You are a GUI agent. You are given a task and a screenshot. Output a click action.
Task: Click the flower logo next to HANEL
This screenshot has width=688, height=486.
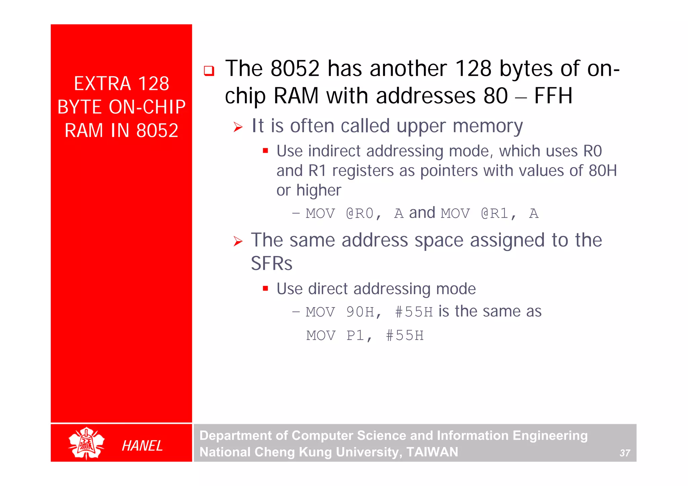86,443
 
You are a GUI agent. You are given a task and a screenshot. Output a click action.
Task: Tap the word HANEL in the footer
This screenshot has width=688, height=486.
142,446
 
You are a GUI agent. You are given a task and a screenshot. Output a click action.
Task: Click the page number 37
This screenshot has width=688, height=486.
625,453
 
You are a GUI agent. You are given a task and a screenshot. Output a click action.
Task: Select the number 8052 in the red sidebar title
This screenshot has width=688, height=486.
157,130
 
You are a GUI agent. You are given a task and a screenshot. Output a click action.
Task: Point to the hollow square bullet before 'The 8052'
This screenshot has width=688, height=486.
209,71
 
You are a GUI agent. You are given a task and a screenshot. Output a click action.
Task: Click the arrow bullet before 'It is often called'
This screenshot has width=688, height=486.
238,127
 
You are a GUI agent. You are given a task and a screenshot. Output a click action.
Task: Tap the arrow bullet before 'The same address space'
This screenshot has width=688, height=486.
238,241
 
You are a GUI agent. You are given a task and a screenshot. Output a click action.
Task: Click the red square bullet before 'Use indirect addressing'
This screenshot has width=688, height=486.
265,151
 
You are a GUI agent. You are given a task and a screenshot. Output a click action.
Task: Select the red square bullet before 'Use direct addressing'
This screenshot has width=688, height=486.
265,288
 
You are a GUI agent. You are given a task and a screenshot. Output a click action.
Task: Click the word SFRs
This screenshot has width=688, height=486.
271,263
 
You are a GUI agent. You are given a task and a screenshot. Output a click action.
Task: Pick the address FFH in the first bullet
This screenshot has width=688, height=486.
553,96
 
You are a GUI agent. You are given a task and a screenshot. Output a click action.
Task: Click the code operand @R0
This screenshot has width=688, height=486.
360,213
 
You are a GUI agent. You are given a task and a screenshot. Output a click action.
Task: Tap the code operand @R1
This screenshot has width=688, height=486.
495,213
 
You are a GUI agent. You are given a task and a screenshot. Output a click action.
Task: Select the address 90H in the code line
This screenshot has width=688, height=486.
360,312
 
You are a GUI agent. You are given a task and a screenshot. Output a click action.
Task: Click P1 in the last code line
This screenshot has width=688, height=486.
355,336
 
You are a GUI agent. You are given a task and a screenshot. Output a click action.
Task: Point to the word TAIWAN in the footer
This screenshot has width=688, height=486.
432,452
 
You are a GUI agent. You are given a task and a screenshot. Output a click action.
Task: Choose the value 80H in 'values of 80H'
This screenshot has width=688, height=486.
603,171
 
